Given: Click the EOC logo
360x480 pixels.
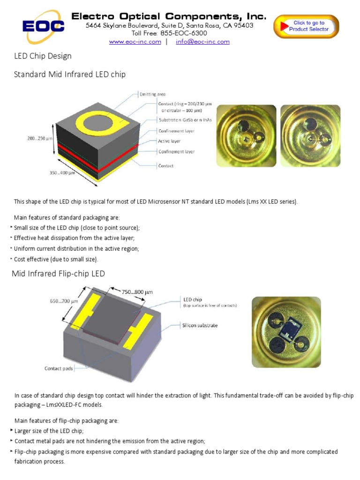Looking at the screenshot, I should coord(43,26).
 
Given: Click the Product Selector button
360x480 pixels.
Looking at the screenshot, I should coord(306,26).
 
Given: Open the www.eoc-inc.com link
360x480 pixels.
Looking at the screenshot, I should coord(135,42).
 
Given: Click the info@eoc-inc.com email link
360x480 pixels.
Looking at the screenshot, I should coord(202,42).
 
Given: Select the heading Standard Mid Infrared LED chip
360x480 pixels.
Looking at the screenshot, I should coord(70,74).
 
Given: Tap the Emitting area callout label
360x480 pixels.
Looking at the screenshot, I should coord(152,94).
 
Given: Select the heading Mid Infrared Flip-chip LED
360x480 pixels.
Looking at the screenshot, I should coord(59,273).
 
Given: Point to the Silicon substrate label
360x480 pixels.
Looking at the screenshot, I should coord(200,325).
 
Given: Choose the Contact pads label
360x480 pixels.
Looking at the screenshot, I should coord(59,368).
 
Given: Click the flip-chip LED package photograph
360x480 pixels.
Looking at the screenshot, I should coord(286,333).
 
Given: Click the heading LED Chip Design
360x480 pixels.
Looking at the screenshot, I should coord(43,56).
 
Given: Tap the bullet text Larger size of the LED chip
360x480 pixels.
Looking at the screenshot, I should coord(43,431).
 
